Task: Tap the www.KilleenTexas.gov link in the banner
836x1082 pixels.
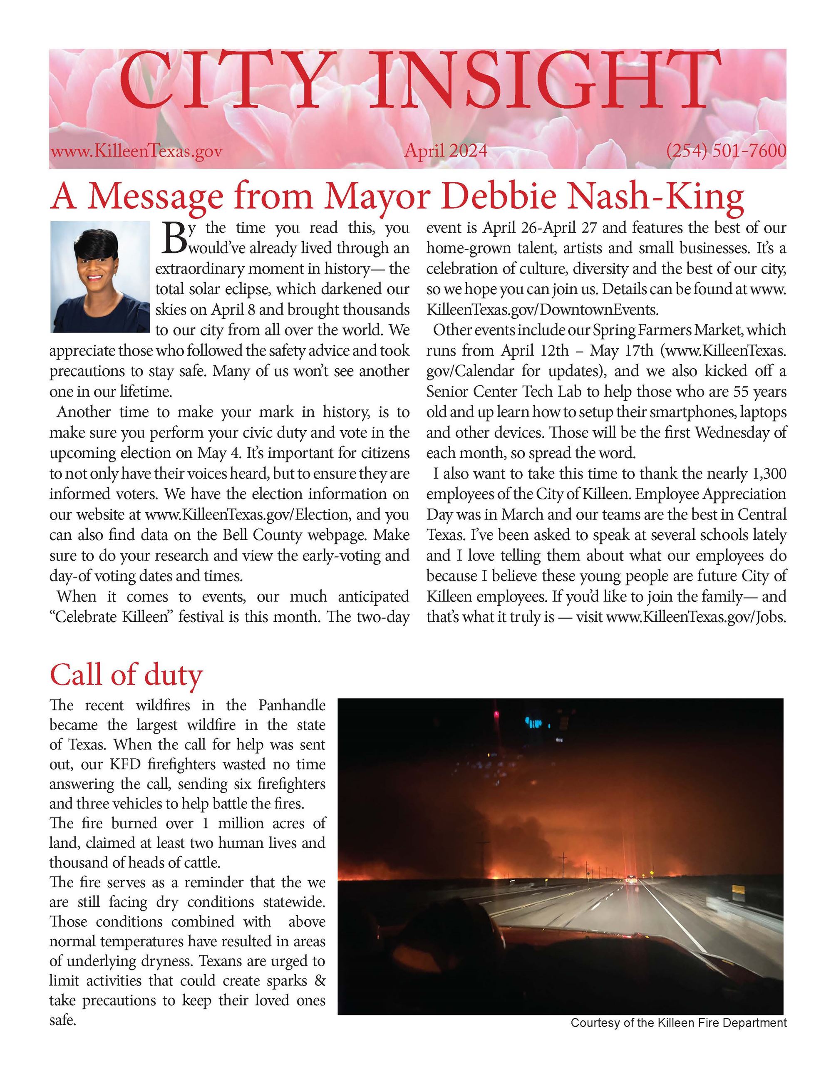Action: pyautogui.click(x=136, y=151)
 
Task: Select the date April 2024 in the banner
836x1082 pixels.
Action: pyautogui.click(x=446, y=150)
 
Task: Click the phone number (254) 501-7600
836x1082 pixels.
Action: pyautogui.click(x=726, y=150)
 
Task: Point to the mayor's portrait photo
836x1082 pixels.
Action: pyautogui.click(x=100, y=276)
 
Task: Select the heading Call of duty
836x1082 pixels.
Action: pyautogui.click(x=126, y=675)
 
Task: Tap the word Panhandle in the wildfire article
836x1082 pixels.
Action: pyautogui.click(x=292, y=705)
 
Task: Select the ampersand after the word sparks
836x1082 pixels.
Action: pyautogui.click(x=320, y=981)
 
